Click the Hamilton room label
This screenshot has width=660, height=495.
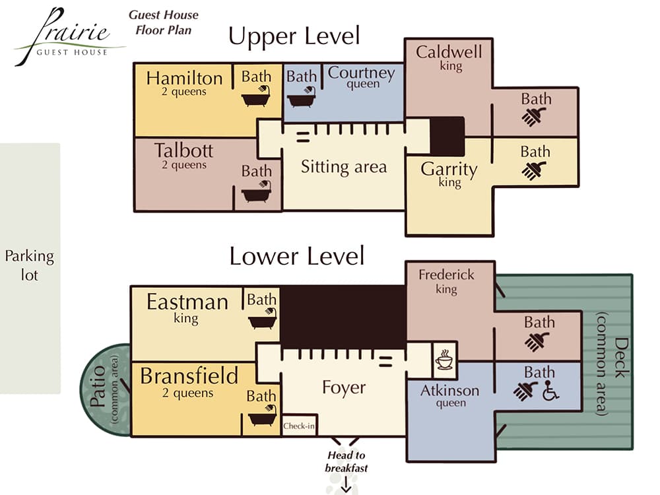(184, 78)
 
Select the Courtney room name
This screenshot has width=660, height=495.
(361, 73)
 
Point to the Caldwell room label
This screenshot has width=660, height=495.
(449, 51)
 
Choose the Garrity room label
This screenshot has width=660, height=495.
(449, 169)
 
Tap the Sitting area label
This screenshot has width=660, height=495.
(343, 166)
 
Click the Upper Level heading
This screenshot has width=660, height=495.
(294, 36)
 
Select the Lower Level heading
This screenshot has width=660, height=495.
(297, 255)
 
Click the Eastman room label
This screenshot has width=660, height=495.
(187, 302)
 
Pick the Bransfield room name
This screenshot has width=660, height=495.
(189, 376)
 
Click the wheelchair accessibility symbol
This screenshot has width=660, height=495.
(550, 392)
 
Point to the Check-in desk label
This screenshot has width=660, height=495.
(298, 426)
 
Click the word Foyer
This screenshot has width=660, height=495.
(343, 387)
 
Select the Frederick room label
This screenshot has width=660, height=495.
(446, 274)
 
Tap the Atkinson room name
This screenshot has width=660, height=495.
(449, 391)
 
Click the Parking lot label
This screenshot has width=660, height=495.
(30, 265)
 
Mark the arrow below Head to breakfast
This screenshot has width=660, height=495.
(345, 487)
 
